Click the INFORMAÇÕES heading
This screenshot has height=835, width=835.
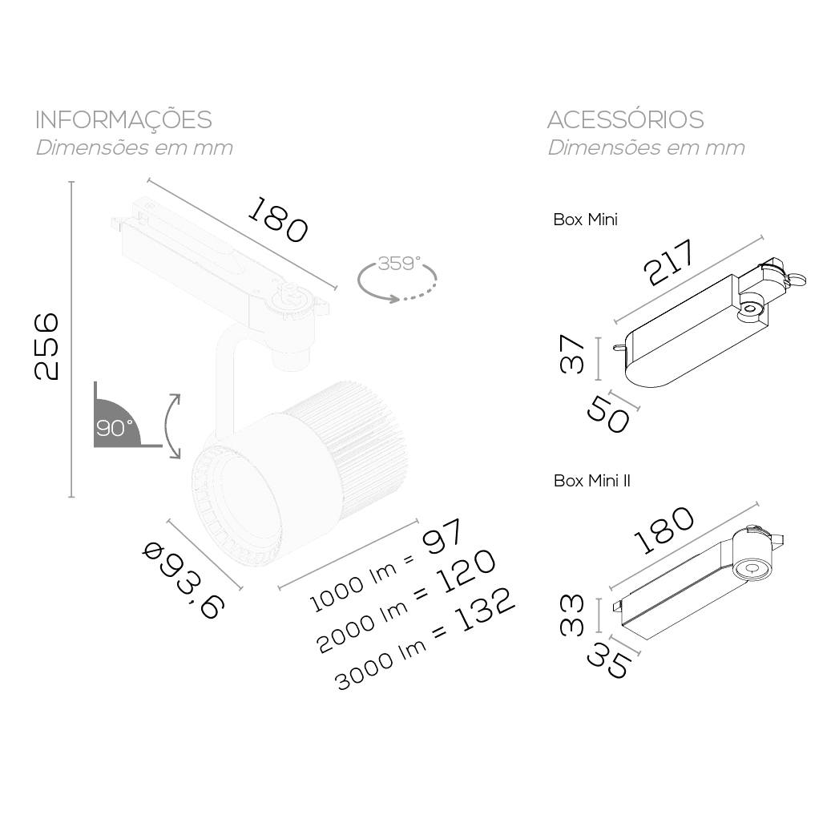(123, 119)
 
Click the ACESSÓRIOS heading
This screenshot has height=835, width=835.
(626, 119)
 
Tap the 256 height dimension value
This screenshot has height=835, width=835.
(46, 347)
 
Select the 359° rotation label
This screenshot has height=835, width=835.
(399, 263)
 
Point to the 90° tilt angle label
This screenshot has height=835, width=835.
(114, 428)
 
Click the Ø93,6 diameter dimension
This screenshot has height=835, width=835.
(184, 580)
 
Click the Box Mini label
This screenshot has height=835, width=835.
(585, 220)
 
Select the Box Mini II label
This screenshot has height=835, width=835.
(591, 481)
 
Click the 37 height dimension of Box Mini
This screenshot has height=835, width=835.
(572, 355)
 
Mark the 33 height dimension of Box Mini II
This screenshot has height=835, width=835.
(572, 615)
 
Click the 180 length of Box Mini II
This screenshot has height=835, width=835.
(664, 530)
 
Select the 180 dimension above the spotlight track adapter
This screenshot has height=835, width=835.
(277, 220)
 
